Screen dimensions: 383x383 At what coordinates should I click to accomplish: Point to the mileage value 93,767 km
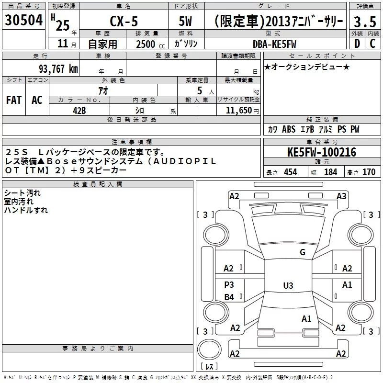tap(58, 68)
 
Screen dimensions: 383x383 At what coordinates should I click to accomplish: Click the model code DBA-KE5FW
tap(274, 44)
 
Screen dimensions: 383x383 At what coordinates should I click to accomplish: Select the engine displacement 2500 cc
tap(146, 44)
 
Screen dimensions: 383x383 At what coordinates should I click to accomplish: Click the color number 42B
tap(79, 110)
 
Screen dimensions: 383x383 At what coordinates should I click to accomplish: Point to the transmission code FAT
tap(14, 100)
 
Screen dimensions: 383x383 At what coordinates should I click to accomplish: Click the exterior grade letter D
tap(356, 44)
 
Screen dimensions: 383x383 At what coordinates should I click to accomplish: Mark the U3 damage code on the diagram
tap(288, 286)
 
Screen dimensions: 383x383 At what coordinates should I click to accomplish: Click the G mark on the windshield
tap(302, 252)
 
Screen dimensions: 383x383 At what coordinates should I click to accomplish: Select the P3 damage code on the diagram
tap(229, 284)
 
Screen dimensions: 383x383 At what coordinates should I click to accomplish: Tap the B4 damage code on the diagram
tap(229, 297)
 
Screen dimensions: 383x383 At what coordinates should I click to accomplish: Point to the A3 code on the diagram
tap(341, 196)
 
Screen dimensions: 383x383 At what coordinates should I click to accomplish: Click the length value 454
tap(290, 172)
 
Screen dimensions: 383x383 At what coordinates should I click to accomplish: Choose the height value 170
tap(369, 172)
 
